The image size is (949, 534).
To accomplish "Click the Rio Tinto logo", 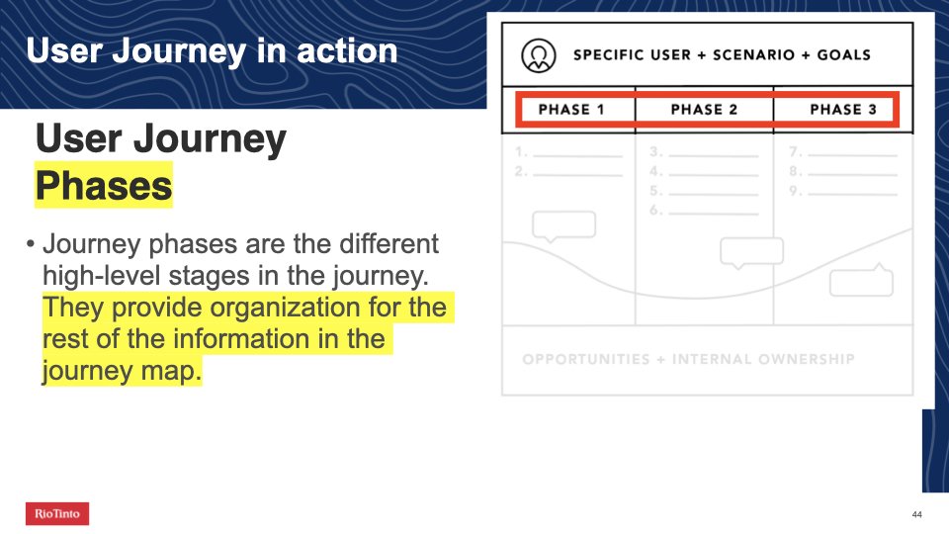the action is point(57,513).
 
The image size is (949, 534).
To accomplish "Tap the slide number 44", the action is point(916,514).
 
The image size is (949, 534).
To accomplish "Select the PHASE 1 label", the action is point(570,110).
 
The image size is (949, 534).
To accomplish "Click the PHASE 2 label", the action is point(704,110).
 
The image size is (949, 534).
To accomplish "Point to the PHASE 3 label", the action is point(843,110).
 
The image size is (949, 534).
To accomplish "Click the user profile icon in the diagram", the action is point(538,55).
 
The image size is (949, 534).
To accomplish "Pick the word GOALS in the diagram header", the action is point(843,54).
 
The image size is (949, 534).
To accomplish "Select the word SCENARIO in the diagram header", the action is point(753,54).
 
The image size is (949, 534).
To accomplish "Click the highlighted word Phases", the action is point(104,185).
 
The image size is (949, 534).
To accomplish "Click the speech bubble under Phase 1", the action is point(563,226).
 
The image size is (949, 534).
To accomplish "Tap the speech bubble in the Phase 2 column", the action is point(751,253).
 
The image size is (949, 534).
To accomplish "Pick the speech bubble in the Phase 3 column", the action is point(861,280).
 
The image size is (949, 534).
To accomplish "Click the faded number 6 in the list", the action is point(655,210).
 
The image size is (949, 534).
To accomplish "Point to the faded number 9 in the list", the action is point(795,191).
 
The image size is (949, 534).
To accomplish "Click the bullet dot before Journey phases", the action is point(31,244).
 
